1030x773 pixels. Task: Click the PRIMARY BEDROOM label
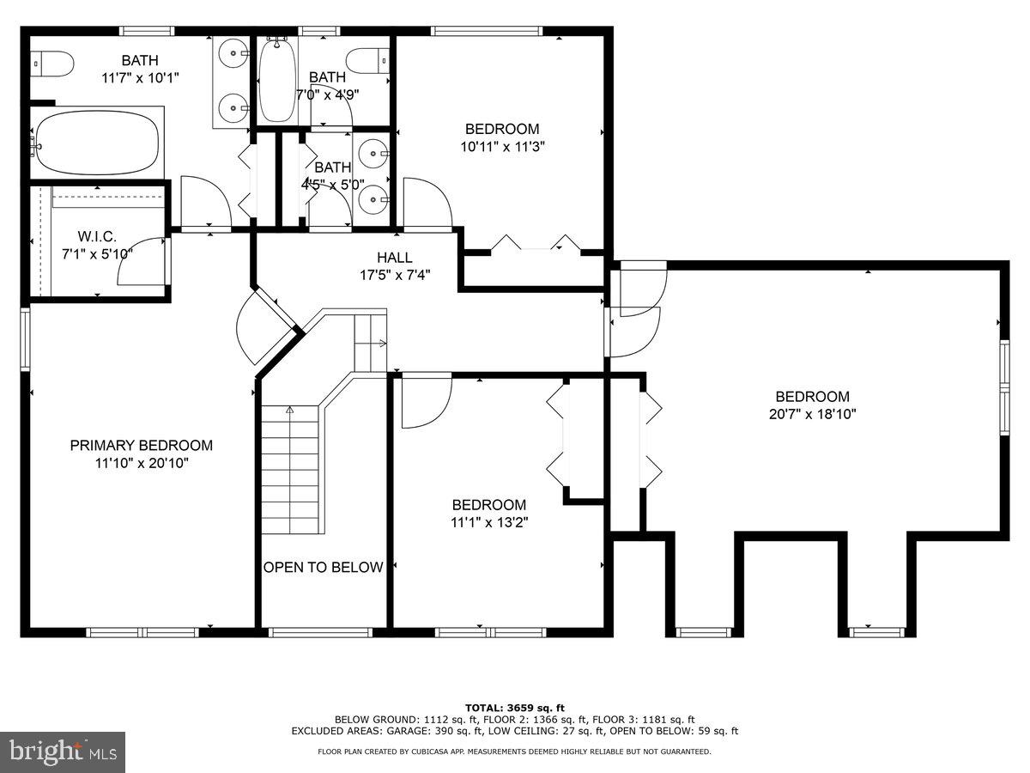[142, 445]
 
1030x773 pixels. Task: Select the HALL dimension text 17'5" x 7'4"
[394, 275]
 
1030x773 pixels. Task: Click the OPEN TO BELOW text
[323, 568]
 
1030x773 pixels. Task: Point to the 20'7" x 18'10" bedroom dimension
[812, 413]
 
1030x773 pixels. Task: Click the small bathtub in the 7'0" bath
[277, 79]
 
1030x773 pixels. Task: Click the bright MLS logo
[62, 752]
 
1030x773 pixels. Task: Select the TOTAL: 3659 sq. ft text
[514, 707]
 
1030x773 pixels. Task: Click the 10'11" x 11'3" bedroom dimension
[502, 146]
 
